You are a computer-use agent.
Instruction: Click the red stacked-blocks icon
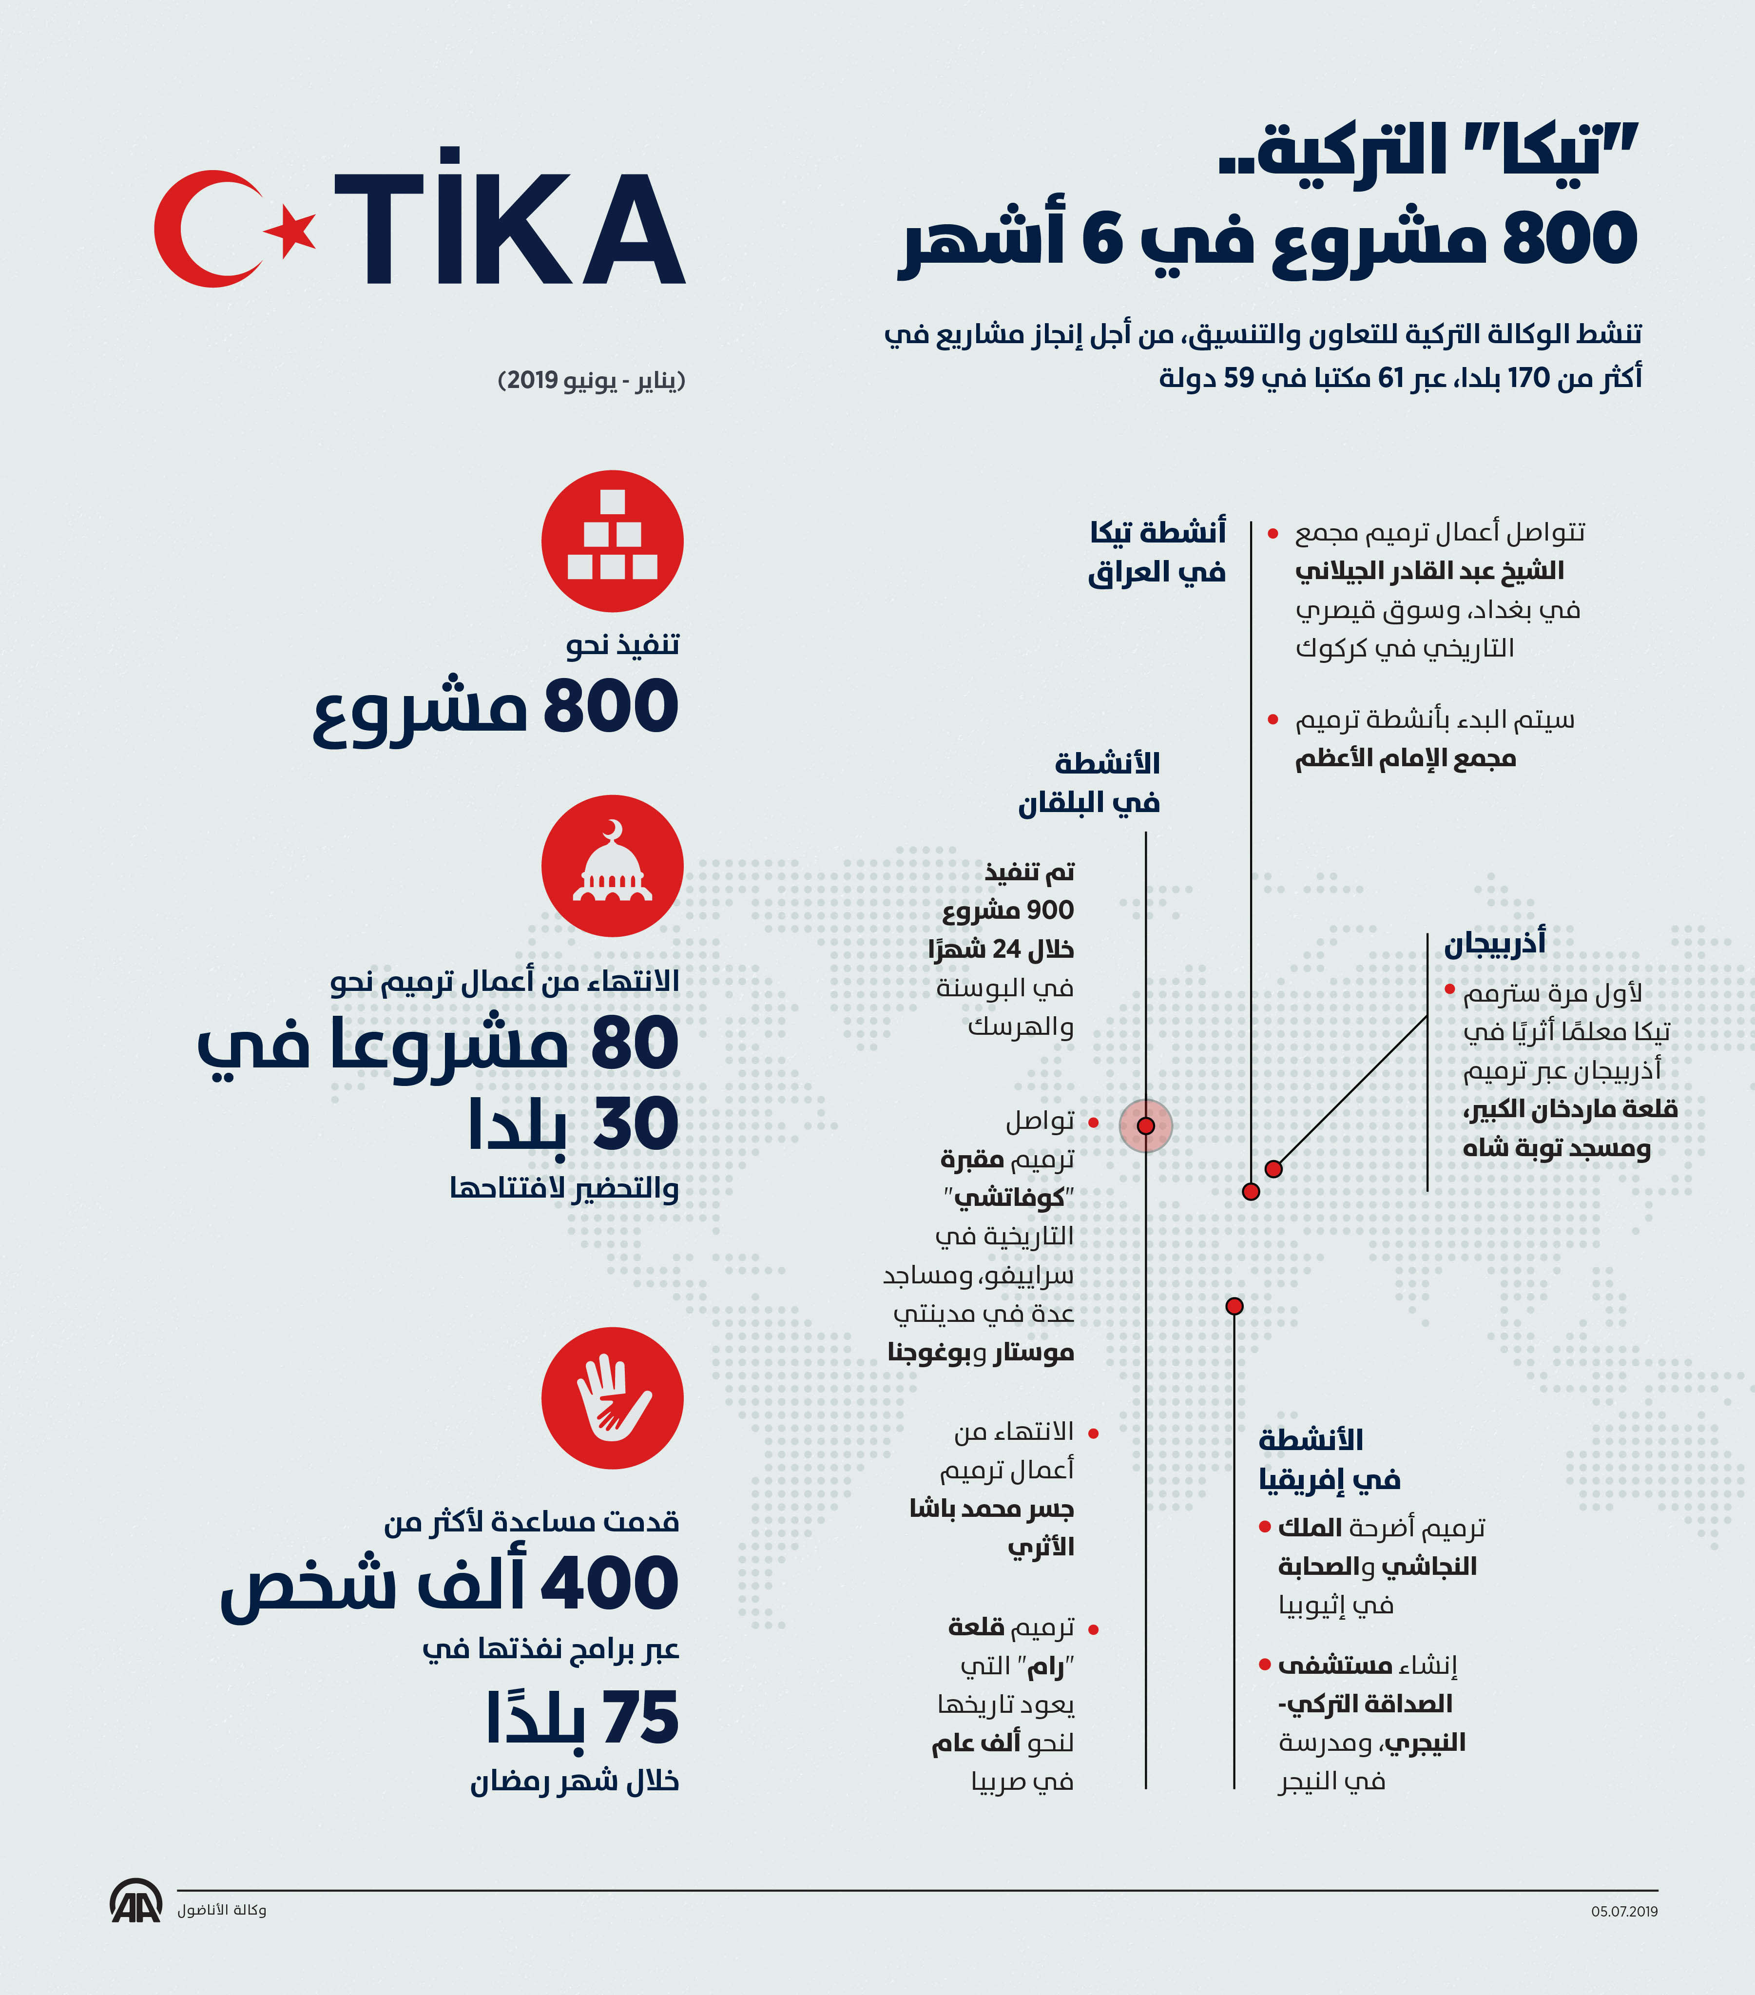pyautogui.click(x=612, y=541)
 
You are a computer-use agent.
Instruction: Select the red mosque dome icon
pyautogui.click(x=612, y=866)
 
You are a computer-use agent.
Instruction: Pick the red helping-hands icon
pyautogui.click(x=612, y=1398)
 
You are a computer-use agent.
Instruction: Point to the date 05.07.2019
pyautogui.click(x=1623, y=1911)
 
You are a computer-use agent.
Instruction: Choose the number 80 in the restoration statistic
pyautogui.click(x=635, y=1043)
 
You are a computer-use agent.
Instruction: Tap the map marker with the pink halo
pyautogui.click(x=1146, y=1125)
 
